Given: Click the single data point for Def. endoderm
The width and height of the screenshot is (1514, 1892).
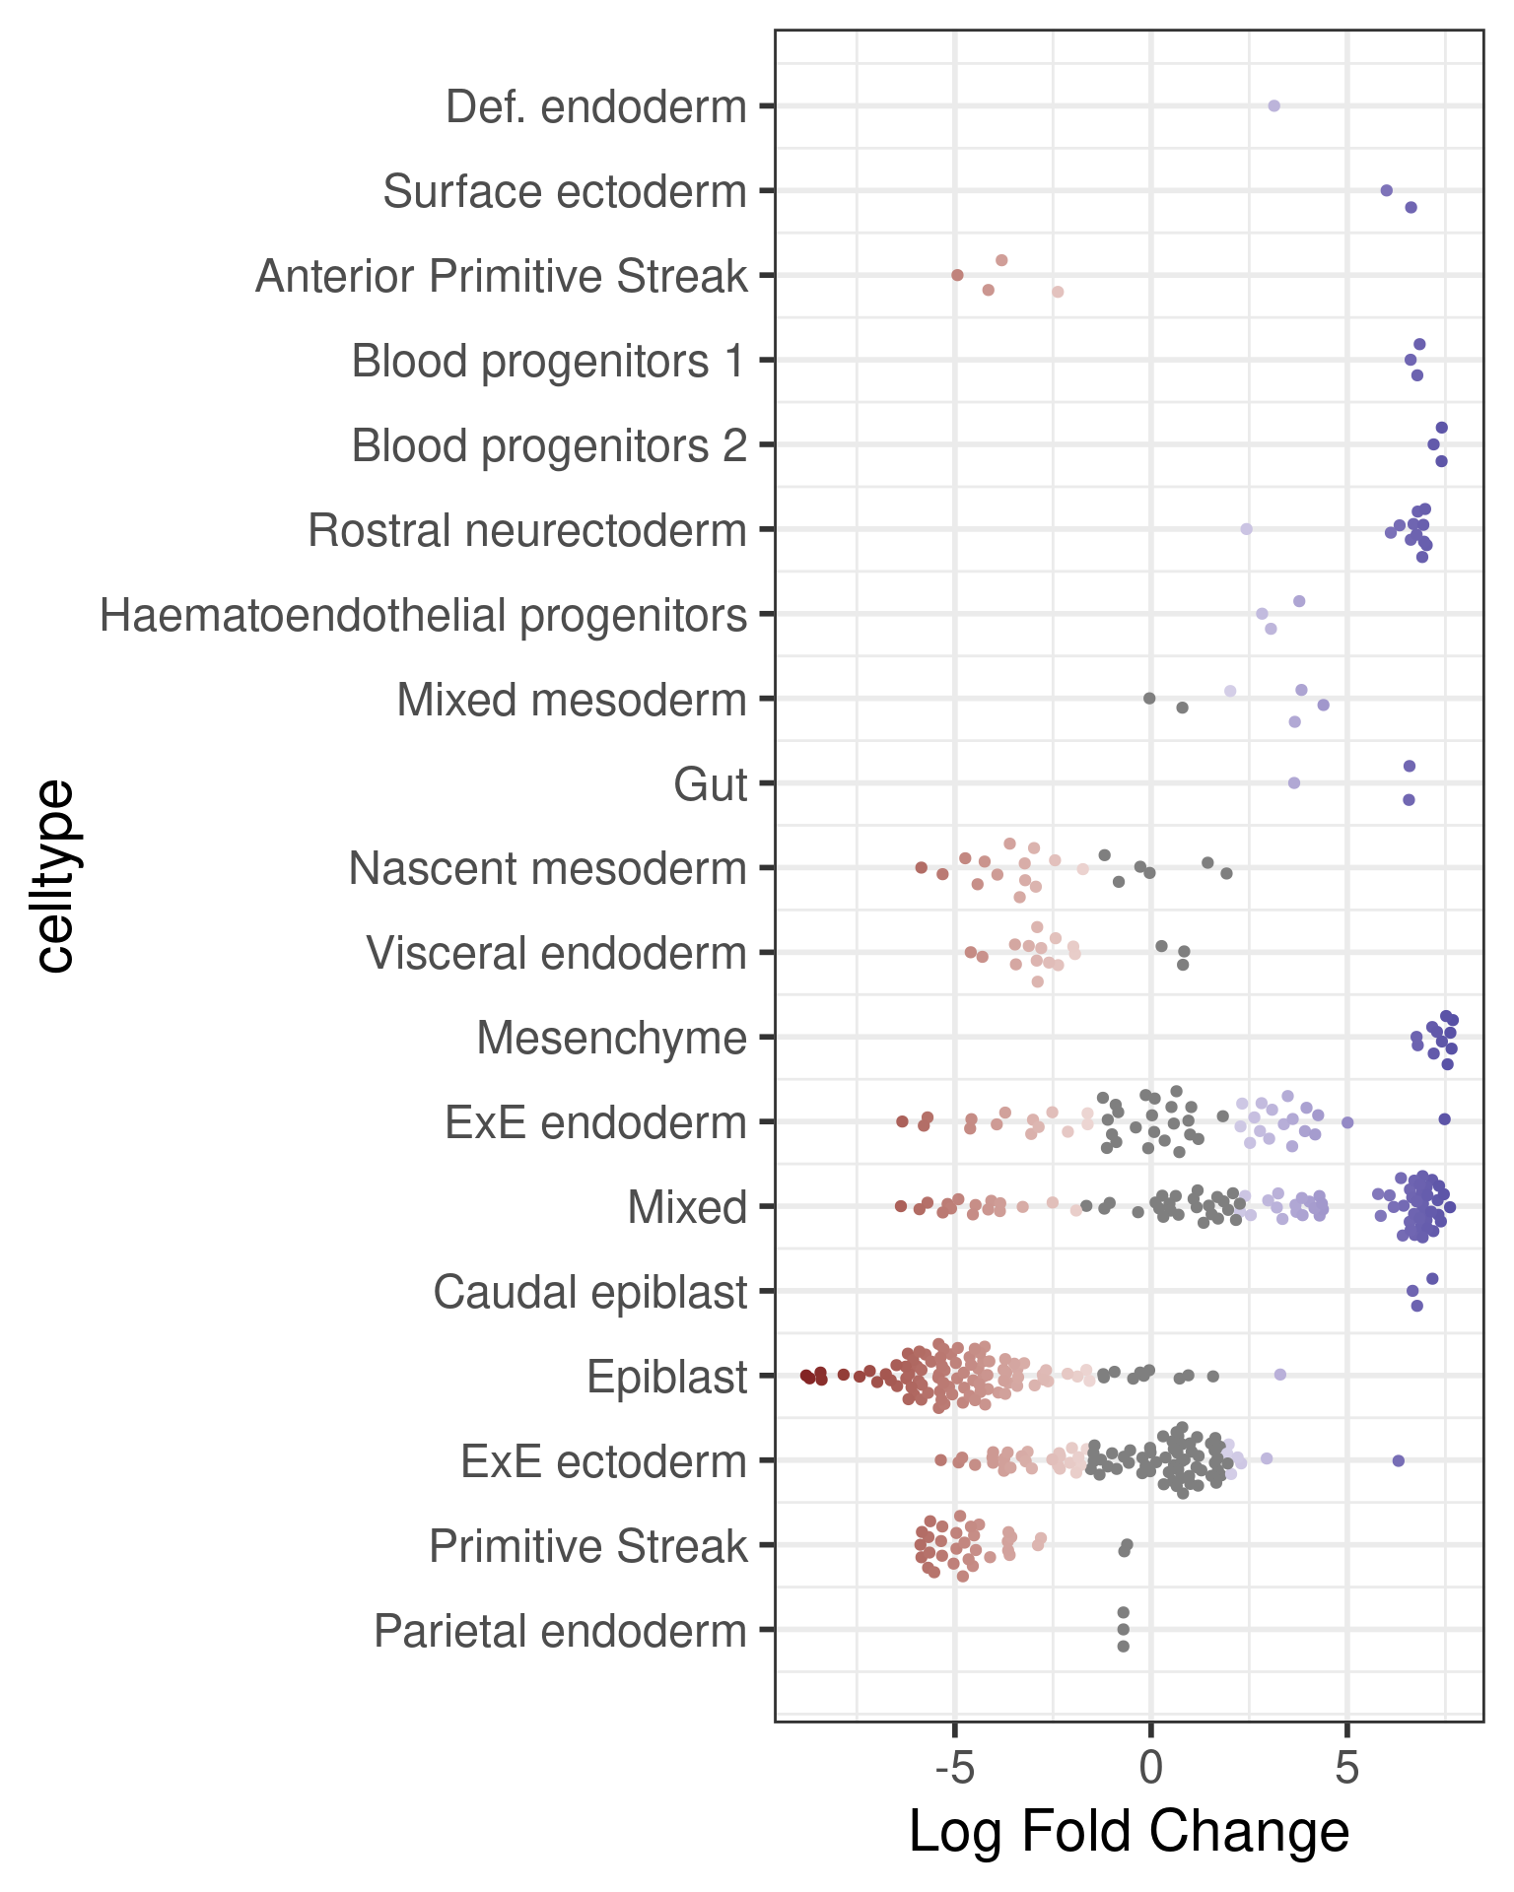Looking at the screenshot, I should (x=1273, y=105).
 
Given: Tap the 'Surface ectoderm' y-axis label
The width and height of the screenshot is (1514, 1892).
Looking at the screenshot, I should (x=565, y=191).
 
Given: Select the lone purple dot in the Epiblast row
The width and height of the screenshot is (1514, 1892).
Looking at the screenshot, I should (x=1279, y=1375).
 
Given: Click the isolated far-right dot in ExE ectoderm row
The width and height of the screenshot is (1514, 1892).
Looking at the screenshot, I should (x=1398, y=1460).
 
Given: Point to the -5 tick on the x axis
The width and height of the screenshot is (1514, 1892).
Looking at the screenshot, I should (x=954, y=1768).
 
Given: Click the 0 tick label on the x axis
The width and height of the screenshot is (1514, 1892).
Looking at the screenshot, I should (x=1150, y=1768).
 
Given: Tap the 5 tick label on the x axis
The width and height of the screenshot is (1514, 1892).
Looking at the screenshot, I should (x=1346, y=1768).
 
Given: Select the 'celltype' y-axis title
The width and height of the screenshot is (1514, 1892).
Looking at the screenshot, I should (x=54, y=876).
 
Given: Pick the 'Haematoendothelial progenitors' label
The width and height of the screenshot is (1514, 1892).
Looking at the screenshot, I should (x=423, y=616).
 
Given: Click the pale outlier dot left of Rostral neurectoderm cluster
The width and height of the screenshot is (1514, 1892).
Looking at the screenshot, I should (x=1246, y=529).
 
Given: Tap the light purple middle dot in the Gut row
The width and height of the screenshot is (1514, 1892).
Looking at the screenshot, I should (x=1294, y=783).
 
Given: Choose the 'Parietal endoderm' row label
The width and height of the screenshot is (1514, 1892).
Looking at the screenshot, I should (x=560, y=1631).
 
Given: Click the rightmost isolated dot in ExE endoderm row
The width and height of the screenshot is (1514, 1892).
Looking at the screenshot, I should (x=1444, y=1118).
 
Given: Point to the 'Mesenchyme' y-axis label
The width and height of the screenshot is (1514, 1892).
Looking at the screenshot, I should (x=611, y=1038).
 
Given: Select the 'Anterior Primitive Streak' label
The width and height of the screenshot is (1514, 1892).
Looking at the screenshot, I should (x=502, y=276).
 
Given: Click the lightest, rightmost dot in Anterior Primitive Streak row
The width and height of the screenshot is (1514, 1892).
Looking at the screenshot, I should (x=1058, y=292).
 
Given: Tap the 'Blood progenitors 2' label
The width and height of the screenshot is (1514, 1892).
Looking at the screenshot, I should (x=549, y=445).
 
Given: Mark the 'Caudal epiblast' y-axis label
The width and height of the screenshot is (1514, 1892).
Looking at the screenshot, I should (x=589, y=1292).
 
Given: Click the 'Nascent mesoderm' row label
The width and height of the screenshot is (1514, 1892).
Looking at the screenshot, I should (x=547, y=869).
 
